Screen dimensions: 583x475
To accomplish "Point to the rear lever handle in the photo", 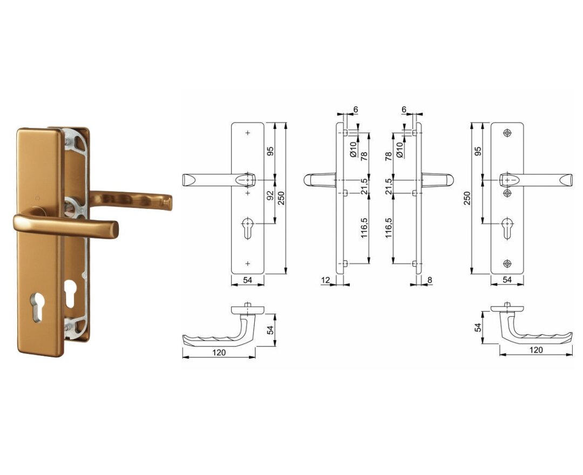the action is (x=131, y=200).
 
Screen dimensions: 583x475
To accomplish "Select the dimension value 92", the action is (x=270, y=196).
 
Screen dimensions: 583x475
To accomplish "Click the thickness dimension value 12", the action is (x=326, y=280).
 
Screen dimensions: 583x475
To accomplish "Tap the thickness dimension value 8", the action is (x=430, y=280).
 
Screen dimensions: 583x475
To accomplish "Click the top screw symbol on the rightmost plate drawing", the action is (x=507, y=133).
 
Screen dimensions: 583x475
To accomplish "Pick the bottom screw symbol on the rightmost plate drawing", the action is (x=507, y=263).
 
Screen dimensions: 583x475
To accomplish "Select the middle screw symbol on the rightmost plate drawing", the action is (x=507, y=193).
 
